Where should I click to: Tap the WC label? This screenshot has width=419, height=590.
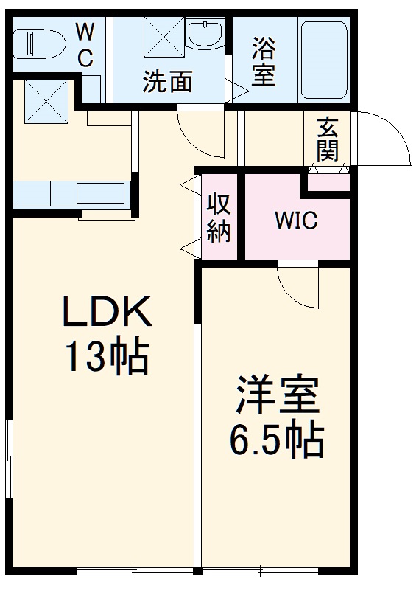pos(85,45)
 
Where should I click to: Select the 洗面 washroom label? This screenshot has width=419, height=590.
pos(167,82)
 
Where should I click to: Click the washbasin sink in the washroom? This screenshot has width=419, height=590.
pos(205,35)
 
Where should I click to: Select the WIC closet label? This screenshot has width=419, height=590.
pos(296,221)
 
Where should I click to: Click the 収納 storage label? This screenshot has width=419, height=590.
pos(219,218)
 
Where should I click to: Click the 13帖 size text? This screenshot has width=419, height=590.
pos(108,357)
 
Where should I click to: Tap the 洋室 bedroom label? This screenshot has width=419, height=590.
pos(277,397)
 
